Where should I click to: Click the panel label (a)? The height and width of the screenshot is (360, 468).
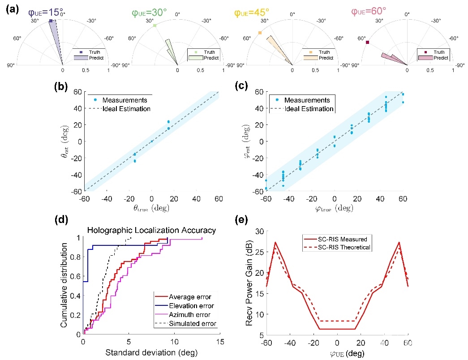[x=11, y=9]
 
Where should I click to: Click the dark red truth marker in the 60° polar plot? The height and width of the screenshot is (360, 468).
[x=367, y=43]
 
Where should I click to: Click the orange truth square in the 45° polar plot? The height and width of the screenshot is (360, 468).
[x=260, y=33]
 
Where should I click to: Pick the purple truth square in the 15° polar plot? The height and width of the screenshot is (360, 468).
[x=51, y=21]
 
